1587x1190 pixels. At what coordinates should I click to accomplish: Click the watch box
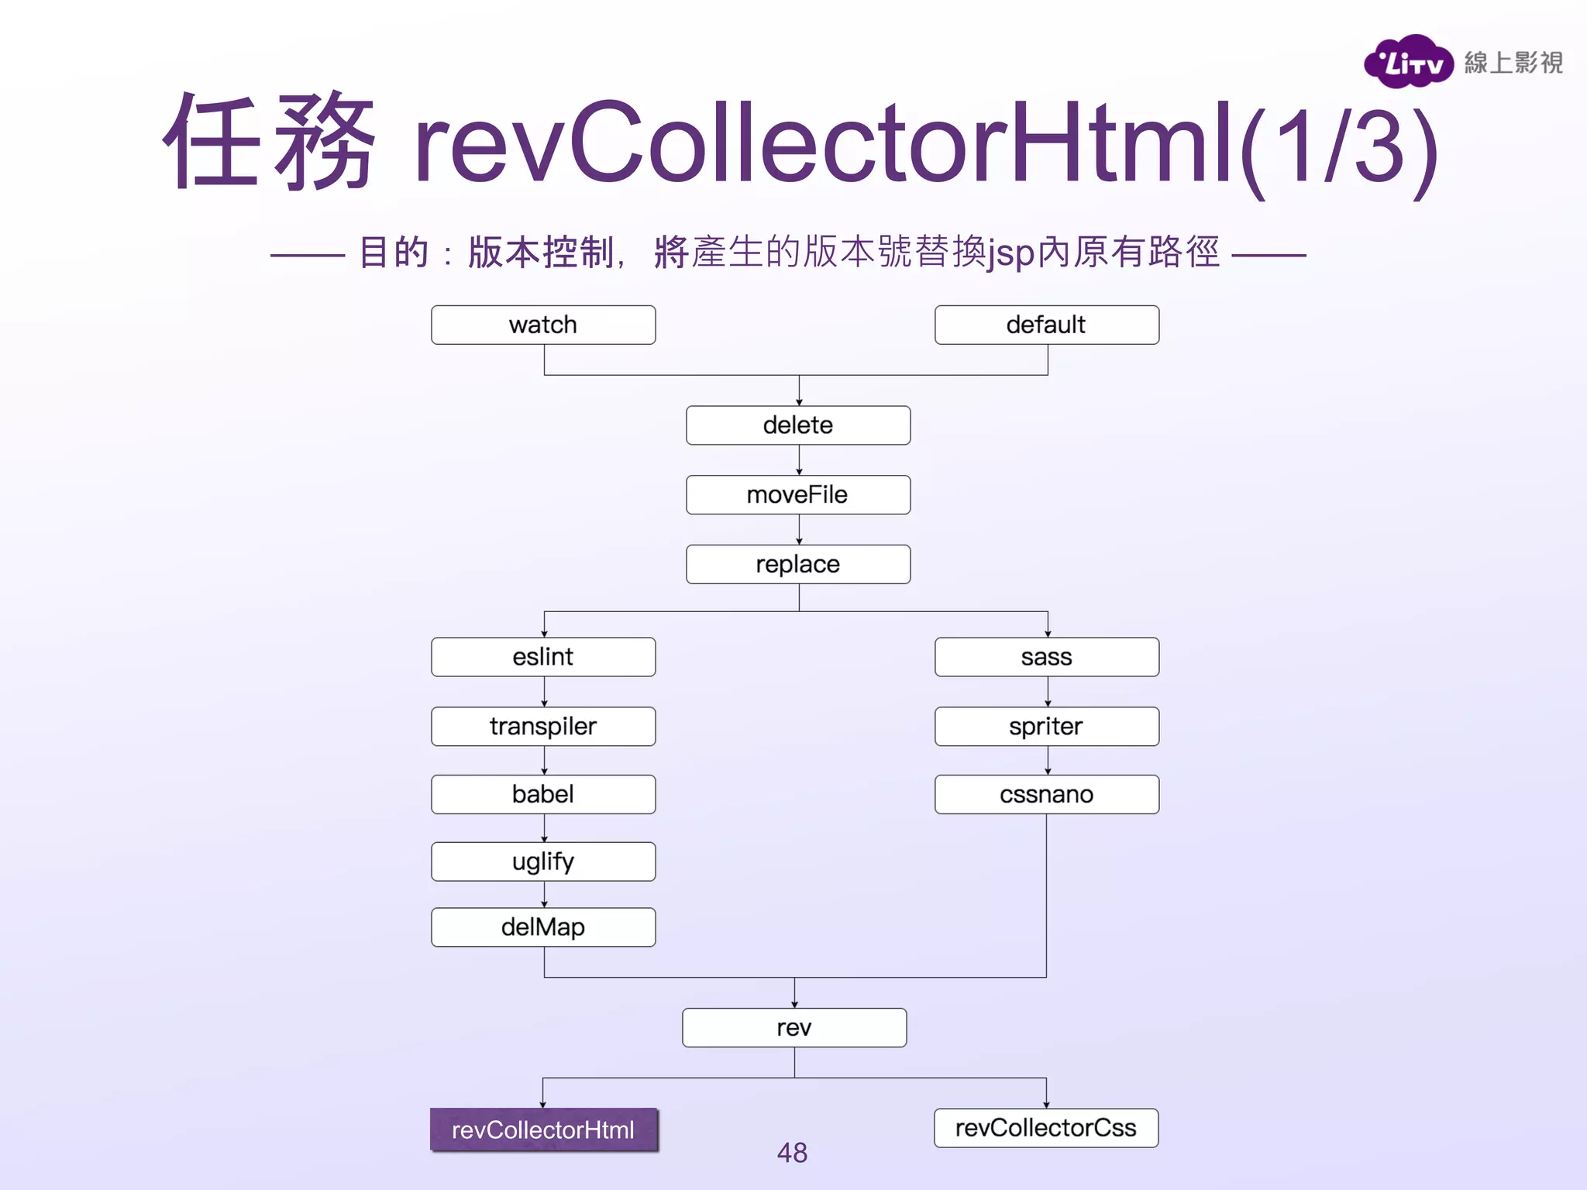coord(543,325)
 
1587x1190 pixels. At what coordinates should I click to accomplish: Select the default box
coord(1046,325)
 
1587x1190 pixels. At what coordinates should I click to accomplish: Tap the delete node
coord(798,425)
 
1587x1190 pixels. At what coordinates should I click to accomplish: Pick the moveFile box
coord(798,495)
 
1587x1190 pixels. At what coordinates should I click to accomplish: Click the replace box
coord(798,564)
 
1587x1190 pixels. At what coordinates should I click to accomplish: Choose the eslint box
coord(543,657)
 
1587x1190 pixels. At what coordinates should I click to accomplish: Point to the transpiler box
coord(543,727)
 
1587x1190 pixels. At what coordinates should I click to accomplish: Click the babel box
coord(543,794)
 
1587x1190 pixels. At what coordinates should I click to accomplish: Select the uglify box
coord(543,862)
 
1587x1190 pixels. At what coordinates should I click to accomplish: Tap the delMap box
coord(543,927)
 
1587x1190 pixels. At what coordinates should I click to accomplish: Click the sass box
coord(1046,657)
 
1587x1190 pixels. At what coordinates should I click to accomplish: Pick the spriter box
coord(1046,727)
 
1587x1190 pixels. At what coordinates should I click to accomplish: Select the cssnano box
coord(1046,794)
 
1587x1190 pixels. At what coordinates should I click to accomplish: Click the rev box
coord(794,1028)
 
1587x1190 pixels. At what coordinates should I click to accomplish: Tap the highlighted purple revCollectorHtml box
coord(544,1130)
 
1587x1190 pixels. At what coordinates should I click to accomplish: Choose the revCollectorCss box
coord(1046,1128)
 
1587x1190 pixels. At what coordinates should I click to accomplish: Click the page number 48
coord(792,1153)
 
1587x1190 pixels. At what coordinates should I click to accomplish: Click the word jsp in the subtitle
coord(1011,254)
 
